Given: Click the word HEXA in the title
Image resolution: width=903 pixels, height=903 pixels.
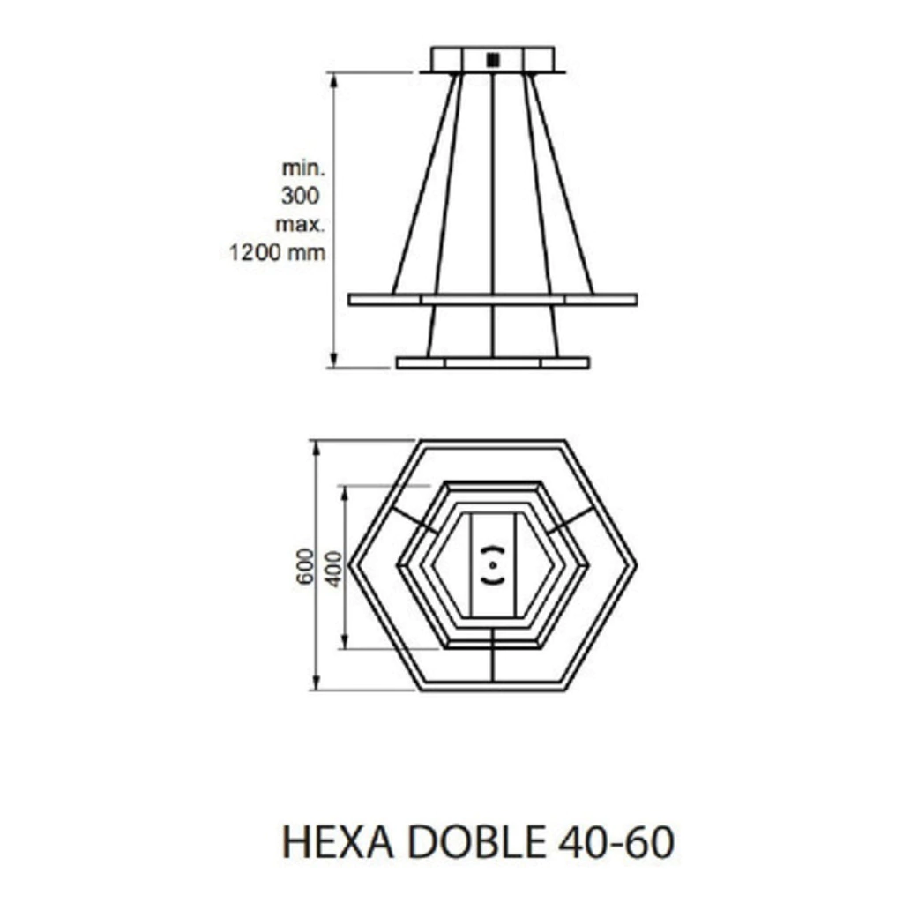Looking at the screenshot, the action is (x=338, y=842).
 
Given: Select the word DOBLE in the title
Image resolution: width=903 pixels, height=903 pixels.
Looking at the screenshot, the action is (x=477, y=842).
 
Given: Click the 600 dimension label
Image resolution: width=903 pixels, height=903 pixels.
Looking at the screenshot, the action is (x=305, y=566).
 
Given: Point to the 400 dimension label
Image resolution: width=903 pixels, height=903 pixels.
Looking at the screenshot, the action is (x=334, y=569).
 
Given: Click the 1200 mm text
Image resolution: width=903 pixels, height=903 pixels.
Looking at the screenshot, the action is (x=278, y=252).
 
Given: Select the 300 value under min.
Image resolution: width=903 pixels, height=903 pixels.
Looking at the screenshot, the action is (x=300, y=196).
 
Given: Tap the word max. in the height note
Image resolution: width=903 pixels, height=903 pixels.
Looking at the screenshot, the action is (x=300, y=224).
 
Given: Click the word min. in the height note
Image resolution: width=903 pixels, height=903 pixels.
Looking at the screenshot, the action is (x=303, y=168).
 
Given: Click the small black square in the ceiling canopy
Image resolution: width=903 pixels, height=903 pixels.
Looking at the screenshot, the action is (x=493, y=60).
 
